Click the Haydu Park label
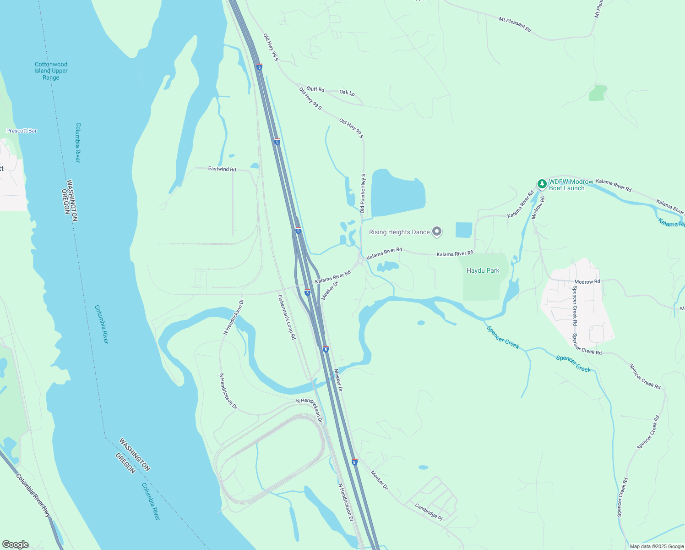click(483, 271)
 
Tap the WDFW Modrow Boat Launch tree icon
click(542, 184)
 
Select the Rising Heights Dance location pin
click(437, 232)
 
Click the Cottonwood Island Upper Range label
click(51, 71)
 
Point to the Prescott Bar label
click(22, 131)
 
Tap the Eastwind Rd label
click(222, 169)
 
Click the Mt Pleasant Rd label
click(515, 24)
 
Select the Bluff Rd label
click(315, 89)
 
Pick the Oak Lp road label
click(347, 93)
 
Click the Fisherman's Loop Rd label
click(287, 317)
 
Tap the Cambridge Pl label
click(429, 512)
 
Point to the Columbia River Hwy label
click(33, 495)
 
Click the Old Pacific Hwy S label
click(363, 193)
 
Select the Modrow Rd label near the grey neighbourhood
click(587, 282)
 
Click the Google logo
click(15, 544)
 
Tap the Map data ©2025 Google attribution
click(656, 546)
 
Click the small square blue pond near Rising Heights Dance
click(463, 230)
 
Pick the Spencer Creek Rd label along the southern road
click(622, 497)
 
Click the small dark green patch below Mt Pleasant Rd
click(598, 93)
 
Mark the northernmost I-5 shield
click(259, 67)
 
